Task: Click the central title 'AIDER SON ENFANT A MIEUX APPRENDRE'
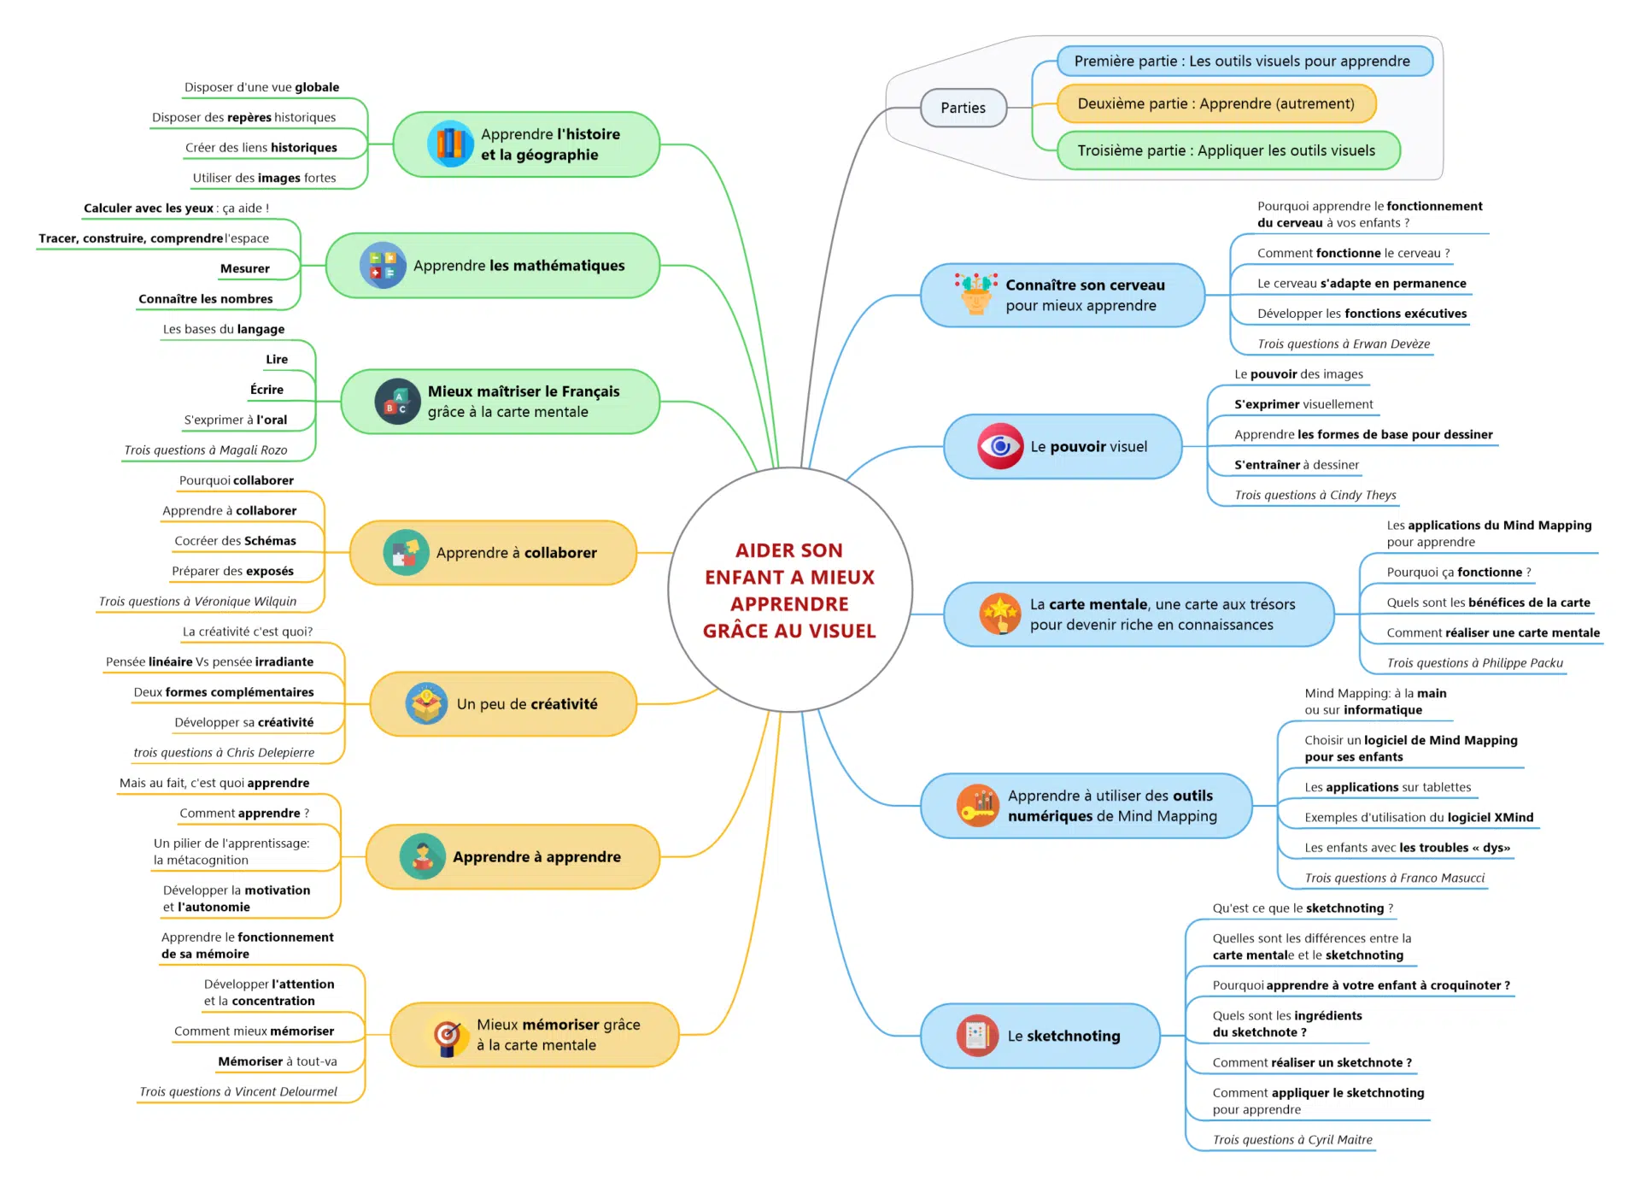[x=789, y=590]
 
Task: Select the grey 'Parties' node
[x=963, y=108]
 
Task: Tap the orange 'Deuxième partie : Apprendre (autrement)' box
[x=1215, y=103]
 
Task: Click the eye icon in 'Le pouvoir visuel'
[x=1000, y=446]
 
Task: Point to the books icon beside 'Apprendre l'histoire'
[x=450, y=144]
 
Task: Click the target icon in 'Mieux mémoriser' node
[x=447, y=1036]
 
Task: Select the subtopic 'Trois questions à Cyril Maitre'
[x=1291, y=1139]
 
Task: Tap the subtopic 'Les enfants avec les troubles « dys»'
[x=1407, y=848]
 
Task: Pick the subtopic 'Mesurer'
[x=245, y=268]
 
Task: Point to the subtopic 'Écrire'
[x=266, y=390]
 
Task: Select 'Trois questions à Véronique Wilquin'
[x=197, y=602]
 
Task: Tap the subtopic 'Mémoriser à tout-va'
[x=277, y=1061]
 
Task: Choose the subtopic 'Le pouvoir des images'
[x=1297, y=374]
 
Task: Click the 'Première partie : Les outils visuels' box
[x=1244, y=62]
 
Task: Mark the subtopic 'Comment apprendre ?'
[x=244, y=813]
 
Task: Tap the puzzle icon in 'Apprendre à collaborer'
[x=406, y=553]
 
